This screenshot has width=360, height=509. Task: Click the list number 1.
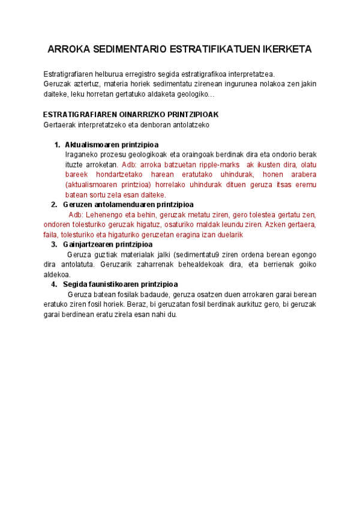[x=57, y=145]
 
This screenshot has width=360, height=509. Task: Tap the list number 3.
[x=55, y=244]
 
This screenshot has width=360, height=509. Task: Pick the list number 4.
[x=55, y=284]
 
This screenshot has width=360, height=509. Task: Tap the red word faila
[x=52, y=235]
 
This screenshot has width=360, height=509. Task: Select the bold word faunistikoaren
[x=112, y=284]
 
